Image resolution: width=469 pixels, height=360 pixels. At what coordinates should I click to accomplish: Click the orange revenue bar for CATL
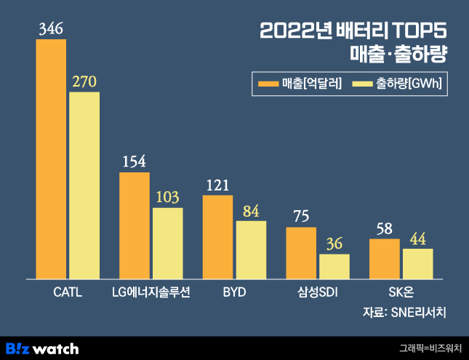(51, 159)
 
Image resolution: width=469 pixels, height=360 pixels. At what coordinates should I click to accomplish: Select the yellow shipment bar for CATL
(84, 185)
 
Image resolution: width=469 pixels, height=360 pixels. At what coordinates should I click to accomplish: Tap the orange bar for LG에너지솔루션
(135, 225)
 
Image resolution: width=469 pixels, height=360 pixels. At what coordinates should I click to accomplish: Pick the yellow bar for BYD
(251, 249)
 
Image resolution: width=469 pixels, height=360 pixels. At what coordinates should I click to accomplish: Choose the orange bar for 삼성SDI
(301, 252)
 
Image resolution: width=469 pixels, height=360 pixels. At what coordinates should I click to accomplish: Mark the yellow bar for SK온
(418, 263)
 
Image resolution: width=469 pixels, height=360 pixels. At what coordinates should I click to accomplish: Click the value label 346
(51, 29)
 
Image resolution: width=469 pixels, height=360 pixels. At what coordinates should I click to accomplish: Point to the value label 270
(84, 81)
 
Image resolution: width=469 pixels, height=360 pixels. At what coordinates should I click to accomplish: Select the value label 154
(135, 161)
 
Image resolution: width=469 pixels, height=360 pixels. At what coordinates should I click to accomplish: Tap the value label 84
(251, 211)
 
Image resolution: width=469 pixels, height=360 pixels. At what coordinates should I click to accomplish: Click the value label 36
(334, 244)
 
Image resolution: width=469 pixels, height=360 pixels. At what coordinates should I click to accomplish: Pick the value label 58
(385, 228)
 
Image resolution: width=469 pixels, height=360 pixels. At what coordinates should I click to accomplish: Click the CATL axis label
(68, 293)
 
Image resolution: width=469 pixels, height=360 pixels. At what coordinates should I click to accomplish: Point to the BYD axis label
(234, 293)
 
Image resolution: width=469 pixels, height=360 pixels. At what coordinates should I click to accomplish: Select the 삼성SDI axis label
(318, 293)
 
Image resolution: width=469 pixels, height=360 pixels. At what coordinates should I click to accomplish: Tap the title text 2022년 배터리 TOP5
(353, 31)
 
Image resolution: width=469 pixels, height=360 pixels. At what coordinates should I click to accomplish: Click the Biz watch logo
(42, 348)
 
